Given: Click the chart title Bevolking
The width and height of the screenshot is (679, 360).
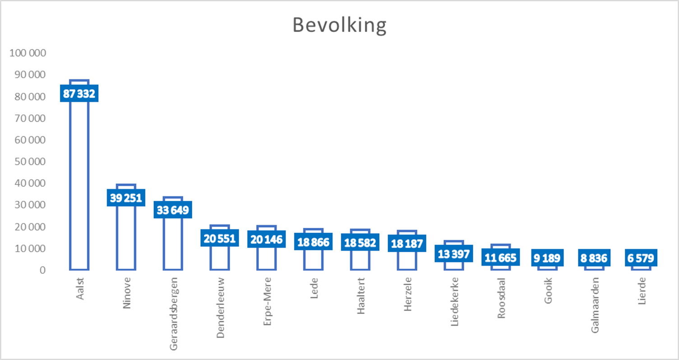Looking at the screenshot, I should tap(339, 25).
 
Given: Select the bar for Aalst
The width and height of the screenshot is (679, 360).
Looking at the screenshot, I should tap(79, 180).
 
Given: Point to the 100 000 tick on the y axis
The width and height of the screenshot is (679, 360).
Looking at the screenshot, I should tap(28, 53).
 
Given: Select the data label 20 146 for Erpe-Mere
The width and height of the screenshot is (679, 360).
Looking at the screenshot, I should tap(267, 239).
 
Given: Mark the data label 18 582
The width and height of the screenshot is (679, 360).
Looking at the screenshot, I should tap(360, 242).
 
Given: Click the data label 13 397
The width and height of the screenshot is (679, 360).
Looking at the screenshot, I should tap(454, 254).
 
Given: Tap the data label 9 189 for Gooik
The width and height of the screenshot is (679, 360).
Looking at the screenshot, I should tap(547, 258).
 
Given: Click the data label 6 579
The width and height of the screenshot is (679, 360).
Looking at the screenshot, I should tap(641, 258).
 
